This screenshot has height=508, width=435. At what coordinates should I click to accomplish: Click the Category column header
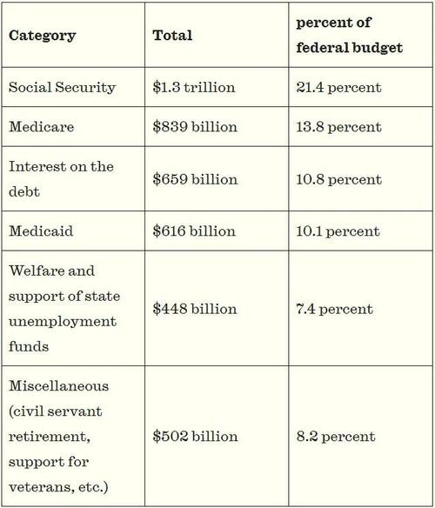tap(42, 36)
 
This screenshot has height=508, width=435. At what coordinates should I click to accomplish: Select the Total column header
tap(172, 36)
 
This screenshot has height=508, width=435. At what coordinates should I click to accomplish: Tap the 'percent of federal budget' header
tap(349, 35)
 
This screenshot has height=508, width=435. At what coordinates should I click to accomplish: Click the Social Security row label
tap(62, 88)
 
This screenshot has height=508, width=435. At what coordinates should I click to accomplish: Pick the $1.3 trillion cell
tap(194, 88)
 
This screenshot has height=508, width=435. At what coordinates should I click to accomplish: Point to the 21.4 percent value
tap(338, 88)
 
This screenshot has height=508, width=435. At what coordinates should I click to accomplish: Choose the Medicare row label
tap(41, 127)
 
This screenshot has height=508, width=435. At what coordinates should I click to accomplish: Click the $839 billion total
tap(195, 127)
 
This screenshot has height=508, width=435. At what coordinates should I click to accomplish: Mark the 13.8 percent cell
tap(338, 127)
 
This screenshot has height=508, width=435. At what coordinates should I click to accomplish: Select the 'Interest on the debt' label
tap(61, 179)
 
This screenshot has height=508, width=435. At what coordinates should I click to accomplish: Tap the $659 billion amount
tap(195, 179)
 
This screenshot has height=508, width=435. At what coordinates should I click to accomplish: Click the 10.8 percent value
tap(338, 179)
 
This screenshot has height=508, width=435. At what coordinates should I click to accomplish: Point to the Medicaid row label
tap(41, 231)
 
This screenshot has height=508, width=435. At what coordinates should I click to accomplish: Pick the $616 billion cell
tap(194, 231)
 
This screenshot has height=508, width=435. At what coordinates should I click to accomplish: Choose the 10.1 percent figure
tap(338, 231)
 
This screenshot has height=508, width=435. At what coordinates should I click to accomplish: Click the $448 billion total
tap(195, 309)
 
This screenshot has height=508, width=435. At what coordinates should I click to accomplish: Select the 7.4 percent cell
tap(334, 309)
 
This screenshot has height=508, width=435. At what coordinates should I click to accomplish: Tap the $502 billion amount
tap(195, 436)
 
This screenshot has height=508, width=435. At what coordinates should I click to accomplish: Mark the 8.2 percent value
tap(336, 437)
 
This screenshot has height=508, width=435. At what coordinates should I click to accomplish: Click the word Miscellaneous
tap(58, 386)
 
